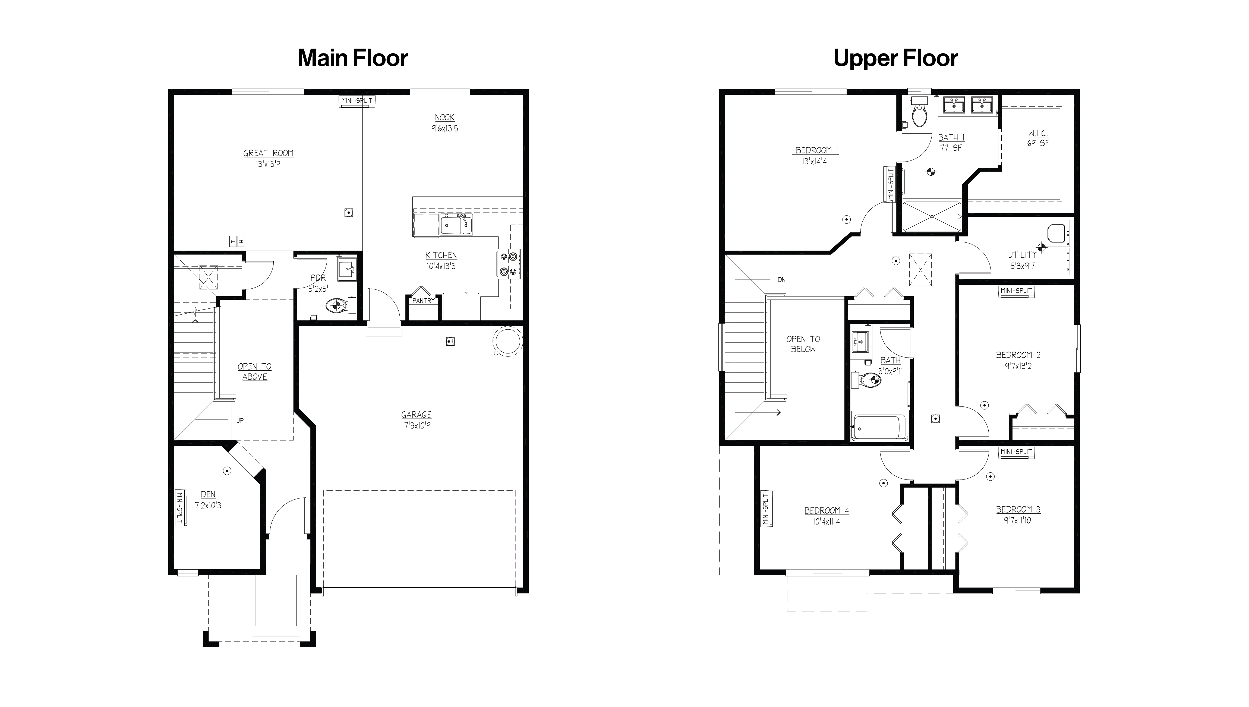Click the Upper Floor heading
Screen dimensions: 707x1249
(x=895, y=58)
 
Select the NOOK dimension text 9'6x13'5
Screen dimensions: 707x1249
(x=444, y=129)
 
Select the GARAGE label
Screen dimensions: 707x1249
(x=416, y=415)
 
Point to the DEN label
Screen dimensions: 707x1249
(x=208, y=494)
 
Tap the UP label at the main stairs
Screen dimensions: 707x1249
(x=240, y=421)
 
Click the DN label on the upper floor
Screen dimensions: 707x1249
(x=781, y=280)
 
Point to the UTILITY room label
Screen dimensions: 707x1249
(x=1022, y=255)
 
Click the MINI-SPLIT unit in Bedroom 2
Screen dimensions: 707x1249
(x=1016, y=291)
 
